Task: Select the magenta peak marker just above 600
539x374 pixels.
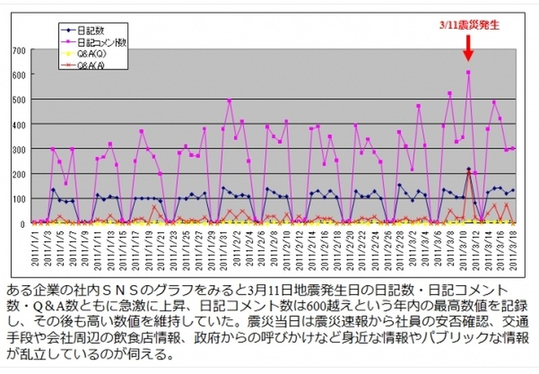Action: click(468, 72)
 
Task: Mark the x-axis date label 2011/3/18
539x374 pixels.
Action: click(513, 250)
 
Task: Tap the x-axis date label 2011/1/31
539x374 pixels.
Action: click(223, 250)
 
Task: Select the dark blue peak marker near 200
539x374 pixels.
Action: click(468, 169)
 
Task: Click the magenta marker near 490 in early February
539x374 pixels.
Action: click(230, 101)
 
